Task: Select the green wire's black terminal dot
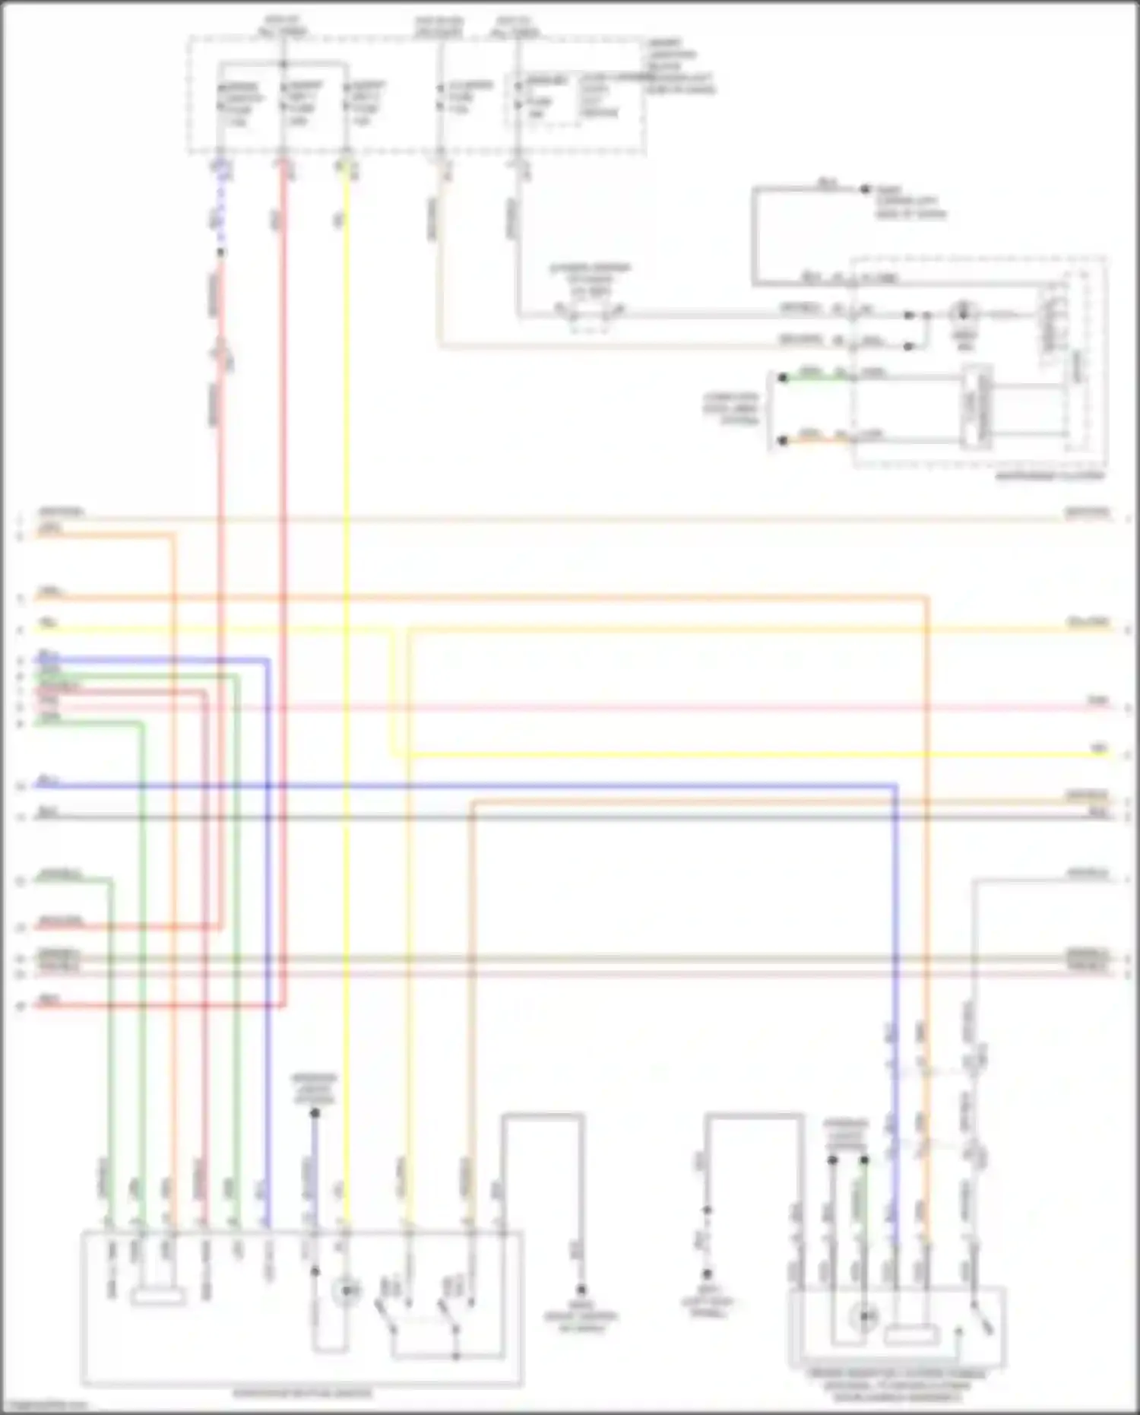coord(782,378)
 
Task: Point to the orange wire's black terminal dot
coord(782,441)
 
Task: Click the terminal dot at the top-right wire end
coord(865,189)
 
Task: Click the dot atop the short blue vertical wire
coord(315,1113)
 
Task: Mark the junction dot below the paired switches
coord(456,1356)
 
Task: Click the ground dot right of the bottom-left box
coord(581,1290)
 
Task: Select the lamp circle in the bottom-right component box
coord(864,1316)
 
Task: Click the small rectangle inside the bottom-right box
coord(910,1333)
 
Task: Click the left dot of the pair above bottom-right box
coord(832,1160)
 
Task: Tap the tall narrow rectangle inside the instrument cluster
coord(977,408)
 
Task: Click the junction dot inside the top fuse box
coord(283,63)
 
